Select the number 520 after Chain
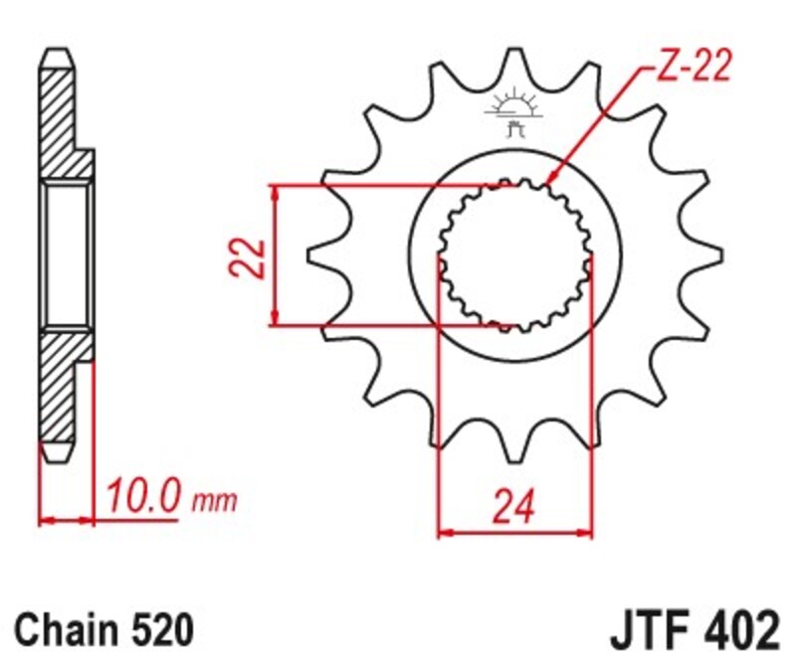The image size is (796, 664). point(155,629)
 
